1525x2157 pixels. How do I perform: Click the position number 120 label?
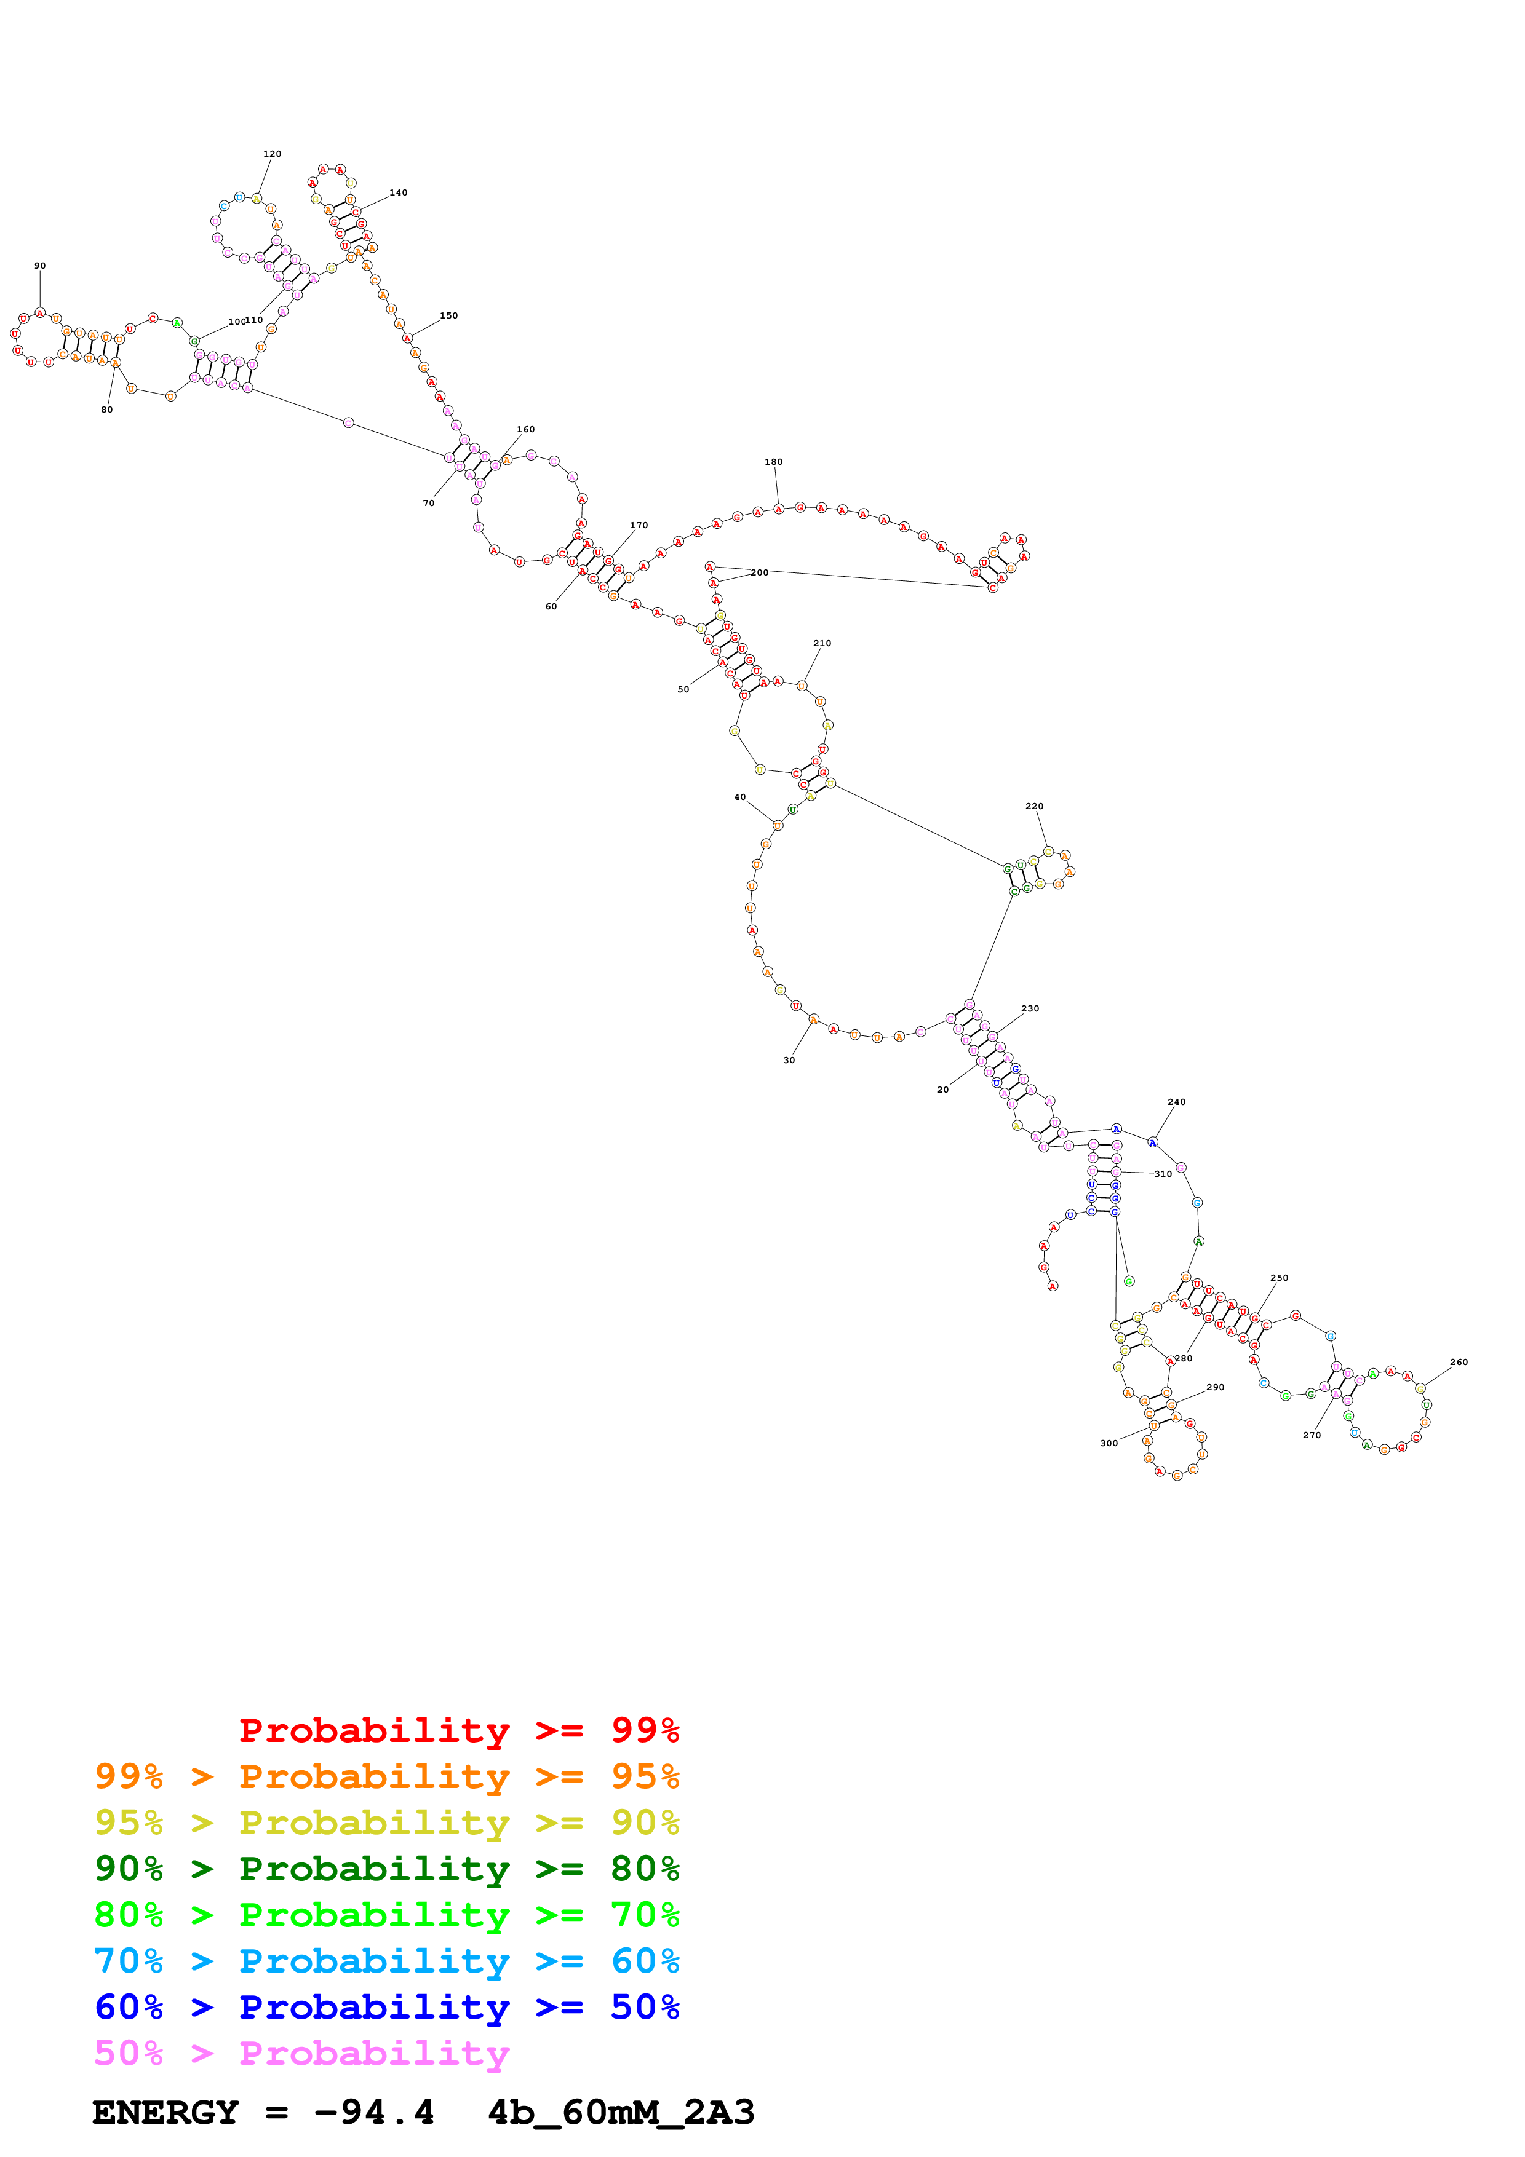coord(271,154)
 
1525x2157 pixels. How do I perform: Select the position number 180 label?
coord(773,462)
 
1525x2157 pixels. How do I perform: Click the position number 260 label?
coord(1459,1362)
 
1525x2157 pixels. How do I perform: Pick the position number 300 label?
coord(1109,1443)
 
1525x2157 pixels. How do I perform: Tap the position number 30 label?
coord(789,1059)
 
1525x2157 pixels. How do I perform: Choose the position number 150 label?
coord(449,315)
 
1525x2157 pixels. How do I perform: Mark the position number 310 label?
coord(1163,1173)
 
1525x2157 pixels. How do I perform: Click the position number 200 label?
coord(759,572)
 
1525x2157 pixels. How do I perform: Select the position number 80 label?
coord(107,410)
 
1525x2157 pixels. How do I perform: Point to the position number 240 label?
coord(1176,1102)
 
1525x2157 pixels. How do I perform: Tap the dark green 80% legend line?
coord(386,1869)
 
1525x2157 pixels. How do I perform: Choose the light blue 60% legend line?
coord(386,1961)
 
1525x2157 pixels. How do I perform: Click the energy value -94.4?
coord(374,2112)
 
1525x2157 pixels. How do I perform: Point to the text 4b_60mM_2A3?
coord(621,2112)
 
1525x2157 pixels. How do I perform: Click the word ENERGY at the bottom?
coord(165,2112)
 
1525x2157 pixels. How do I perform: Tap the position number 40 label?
coord(741,797)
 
